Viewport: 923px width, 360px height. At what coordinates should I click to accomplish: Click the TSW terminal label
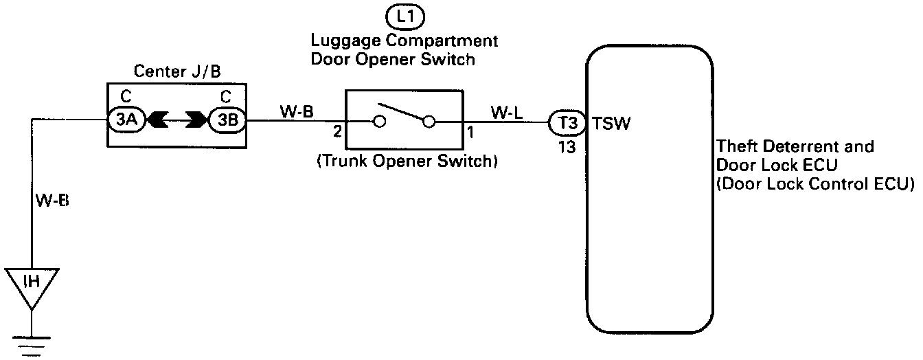[611, 125]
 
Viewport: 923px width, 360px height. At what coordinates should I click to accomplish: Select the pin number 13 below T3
[566, 147]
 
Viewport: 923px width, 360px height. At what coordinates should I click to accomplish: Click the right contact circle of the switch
[430, 123]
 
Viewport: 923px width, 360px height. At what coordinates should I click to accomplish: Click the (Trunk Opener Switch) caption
[406, 163]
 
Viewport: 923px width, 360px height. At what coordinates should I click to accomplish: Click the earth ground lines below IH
[32, 347]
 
